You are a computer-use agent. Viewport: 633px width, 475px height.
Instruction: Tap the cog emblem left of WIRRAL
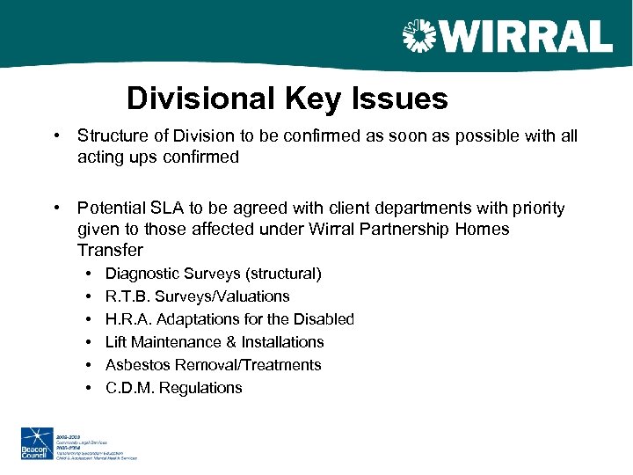pos(418,38)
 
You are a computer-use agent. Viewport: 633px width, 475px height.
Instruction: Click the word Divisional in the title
pos(200,99)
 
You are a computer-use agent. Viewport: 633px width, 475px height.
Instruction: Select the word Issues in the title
pos(401,99)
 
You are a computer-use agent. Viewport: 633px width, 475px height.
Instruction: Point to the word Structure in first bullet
pos(111,135)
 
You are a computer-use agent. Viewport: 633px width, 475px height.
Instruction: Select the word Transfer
pos(110,251)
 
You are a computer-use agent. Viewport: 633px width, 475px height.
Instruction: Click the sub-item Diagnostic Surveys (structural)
pos(213,274)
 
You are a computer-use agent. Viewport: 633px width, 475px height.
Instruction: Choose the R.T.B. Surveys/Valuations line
pos(197,296)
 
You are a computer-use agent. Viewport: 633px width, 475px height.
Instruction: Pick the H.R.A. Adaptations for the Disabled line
pos(229,319)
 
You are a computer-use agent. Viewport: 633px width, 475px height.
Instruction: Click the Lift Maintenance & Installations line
pos(215,342)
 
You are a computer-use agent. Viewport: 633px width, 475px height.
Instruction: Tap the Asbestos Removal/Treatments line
pos(213,365)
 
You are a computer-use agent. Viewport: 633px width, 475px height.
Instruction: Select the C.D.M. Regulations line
pos(173,388)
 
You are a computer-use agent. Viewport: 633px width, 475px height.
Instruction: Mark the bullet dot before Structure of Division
pos(55,135)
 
